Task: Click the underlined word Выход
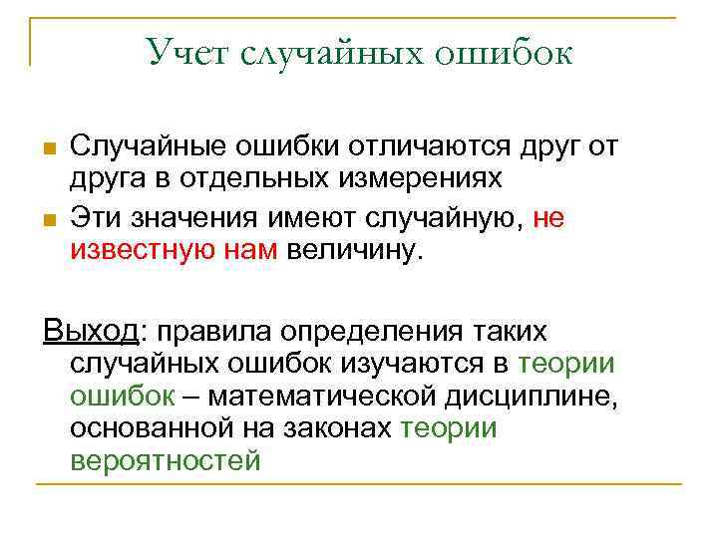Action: pyautogui.click(x=92, y=329)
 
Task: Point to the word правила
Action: pyautogui.click(x=218, y=330)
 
